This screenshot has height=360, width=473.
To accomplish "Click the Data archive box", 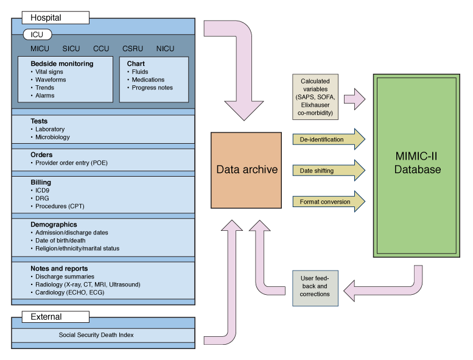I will [x=247, y=169].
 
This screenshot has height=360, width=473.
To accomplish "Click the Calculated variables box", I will [x=315, y=97].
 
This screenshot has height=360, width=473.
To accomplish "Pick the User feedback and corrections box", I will [x=315, y=286].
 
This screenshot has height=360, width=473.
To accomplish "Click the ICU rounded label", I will [x=37, y=35].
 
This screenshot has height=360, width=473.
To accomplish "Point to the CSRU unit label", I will [x=133, y=49].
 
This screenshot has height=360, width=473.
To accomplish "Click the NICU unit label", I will [x=165, y=49].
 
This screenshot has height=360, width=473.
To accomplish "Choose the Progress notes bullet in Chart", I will [x=152, y=88].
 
